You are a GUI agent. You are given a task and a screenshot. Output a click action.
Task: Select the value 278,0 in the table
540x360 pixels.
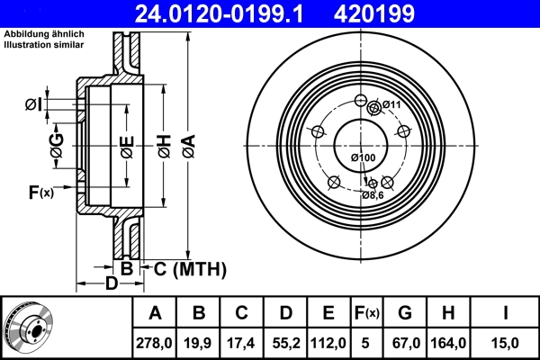click(x=155, y=341)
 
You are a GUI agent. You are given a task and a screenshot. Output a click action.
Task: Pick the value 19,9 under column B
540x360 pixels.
click(x=200, y=341)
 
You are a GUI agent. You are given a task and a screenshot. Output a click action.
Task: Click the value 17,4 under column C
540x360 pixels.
click(x=242, y=341)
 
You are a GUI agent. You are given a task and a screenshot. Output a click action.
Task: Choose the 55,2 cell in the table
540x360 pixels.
click(x=285, y=341)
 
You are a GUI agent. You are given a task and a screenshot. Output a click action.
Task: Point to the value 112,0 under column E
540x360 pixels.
click(x=328, y=341)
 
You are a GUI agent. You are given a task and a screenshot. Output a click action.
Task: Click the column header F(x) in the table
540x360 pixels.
click(x=366, y=312)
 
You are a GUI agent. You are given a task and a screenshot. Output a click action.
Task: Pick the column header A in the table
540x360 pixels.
click(x=155, y=312)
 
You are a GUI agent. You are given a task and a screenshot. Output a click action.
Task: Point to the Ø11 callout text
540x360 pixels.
click(x=391, y=105)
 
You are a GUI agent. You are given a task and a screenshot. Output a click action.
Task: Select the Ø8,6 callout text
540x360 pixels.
click(x=373, y=194)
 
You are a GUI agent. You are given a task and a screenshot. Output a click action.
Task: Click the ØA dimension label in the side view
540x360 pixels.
click(x=186, y=143)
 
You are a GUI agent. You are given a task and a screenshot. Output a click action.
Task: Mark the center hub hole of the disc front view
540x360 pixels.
click(x=359, y=142)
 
